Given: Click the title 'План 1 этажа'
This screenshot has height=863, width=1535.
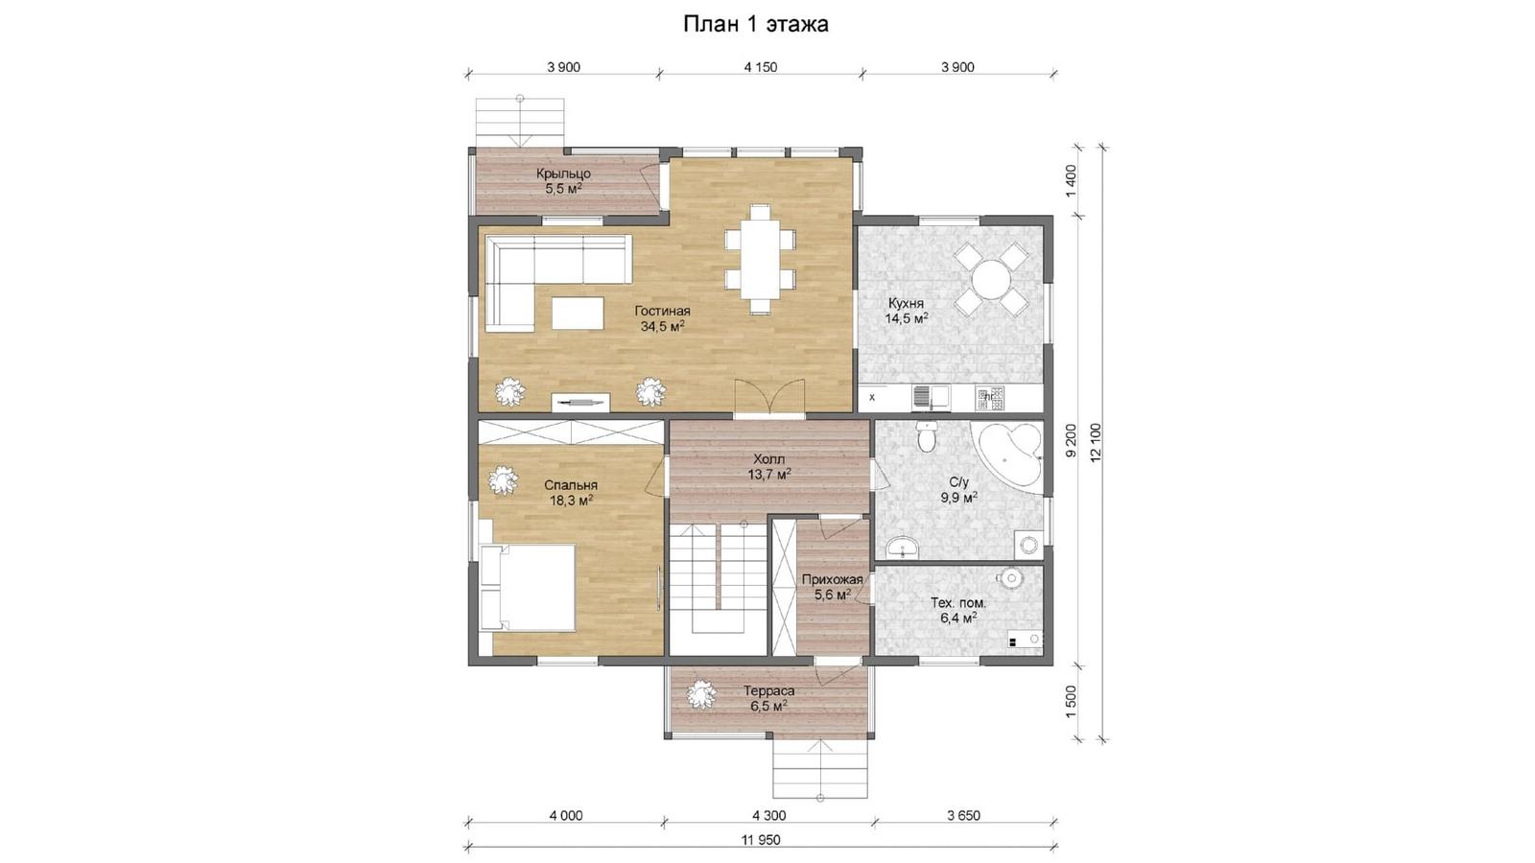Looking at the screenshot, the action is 756,24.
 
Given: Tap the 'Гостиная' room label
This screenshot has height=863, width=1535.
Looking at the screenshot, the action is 662,311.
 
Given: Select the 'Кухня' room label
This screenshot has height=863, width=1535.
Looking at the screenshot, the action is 906,303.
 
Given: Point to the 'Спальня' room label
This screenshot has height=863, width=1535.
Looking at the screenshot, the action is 571,485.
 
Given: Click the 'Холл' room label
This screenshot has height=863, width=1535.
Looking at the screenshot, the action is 768,459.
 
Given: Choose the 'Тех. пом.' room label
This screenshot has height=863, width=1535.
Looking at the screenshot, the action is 958,603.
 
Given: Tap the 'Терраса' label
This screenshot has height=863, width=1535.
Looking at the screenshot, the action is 768,691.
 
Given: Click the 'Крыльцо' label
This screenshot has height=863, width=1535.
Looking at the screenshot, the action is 563,174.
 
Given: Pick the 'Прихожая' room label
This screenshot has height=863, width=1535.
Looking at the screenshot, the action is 832,580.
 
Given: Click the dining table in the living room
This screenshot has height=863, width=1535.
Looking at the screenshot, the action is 760,259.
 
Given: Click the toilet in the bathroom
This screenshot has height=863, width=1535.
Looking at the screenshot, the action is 927,437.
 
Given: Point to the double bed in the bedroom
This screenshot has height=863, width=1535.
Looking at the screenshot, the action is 527,587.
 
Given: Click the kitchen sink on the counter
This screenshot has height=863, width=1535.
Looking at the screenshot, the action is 931,397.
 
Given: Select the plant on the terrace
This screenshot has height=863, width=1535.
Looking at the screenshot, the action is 700,695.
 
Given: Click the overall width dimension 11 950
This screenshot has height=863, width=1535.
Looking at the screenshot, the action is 761,840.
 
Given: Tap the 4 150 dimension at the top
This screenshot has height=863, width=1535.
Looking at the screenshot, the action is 761,67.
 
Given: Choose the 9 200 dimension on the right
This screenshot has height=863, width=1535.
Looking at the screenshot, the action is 1072,440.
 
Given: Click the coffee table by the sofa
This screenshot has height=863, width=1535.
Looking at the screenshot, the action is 578,313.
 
